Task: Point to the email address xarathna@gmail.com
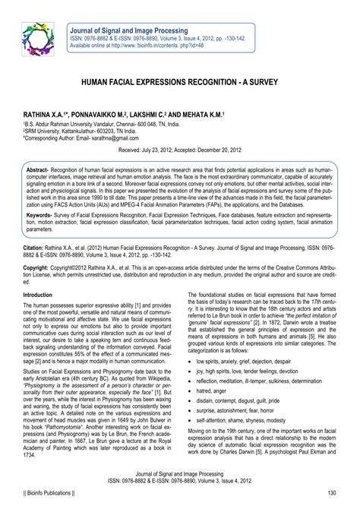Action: click(x=116, y=138)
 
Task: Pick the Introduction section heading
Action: click(x=43, y=293)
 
